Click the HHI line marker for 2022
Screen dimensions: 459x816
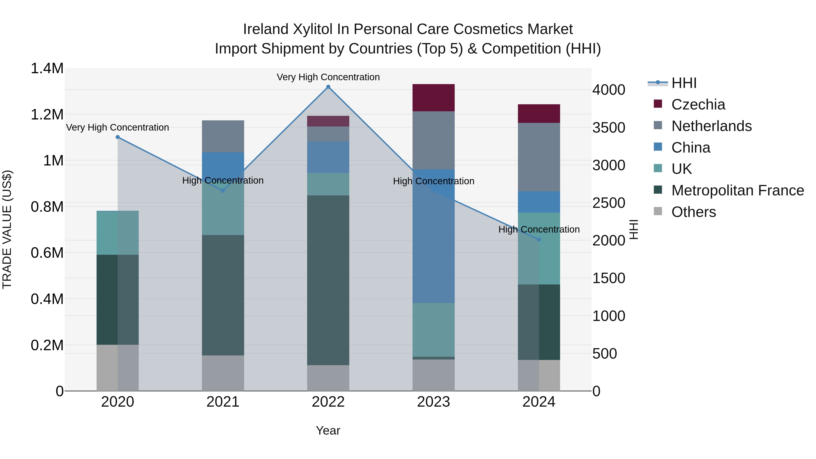(328, 87)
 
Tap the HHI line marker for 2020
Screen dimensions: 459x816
(117, 137)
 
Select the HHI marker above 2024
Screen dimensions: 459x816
(539, 240)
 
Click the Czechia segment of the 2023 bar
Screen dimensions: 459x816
(433, 97)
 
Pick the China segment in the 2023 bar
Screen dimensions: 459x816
(433, 236)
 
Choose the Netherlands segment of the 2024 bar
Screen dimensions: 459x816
(539, 157)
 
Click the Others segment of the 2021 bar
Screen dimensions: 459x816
(223, 373)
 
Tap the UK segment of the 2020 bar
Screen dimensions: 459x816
(117, 233)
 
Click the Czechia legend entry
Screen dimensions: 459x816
(698, 104)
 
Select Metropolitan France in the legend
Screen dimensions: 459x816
(737, 190)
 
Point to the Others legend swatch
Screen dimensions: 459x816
(658, 211)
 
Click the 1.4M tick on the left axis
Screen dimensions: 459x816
(47, 68)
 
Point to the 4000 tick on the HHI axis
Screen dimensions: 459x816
(609, 90)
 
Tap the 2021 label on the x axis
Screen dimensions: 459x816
(223, 402)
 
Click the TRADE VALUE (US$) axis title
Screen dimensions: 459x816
(7, 229)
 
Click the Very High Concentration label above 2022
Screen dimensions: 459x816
(328, 77)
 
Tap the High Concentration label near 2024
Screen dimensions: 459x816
(539, 229)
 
